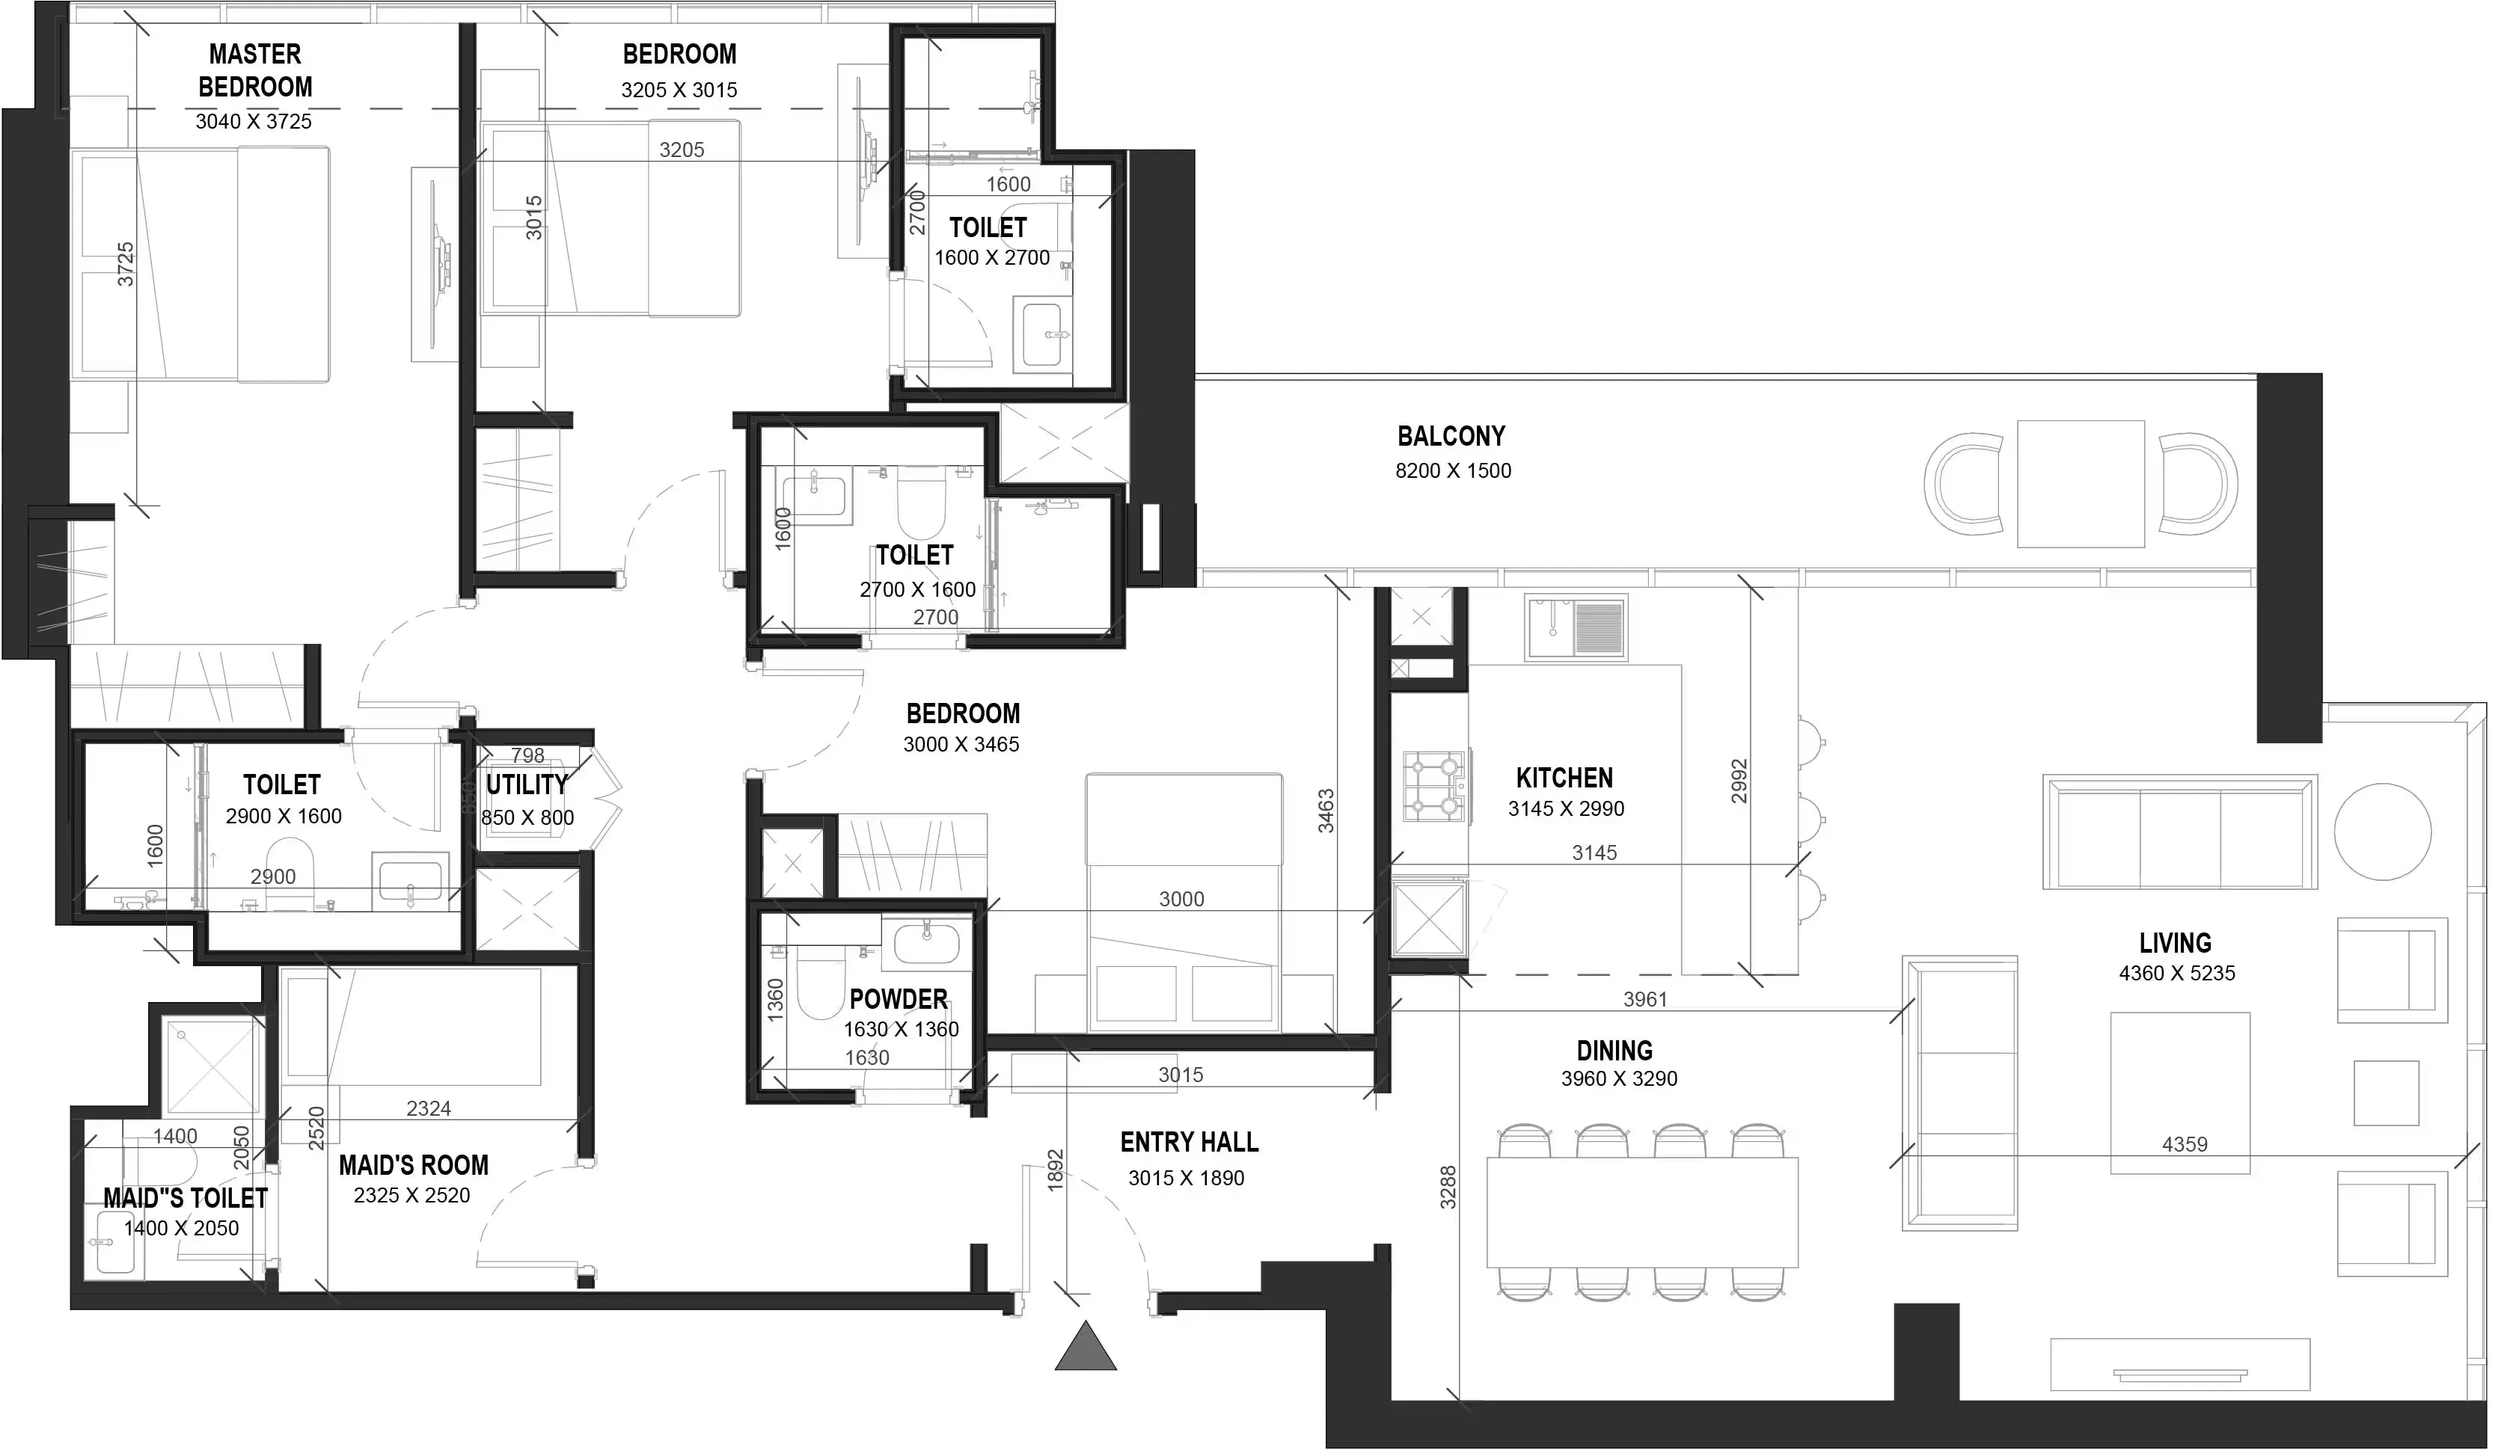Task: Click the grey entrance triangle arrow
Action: click(x=1086, y=1348)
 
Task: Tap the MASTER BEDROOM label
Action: click(x=254, y=70)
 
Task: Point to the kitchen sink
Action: click(x=1576, y=627)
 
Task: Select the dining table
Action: click(x=1641, y=1211)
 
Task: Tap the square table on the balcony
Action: click(x=2081, y=483)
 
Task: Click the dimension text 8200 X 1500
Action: click(x=1452, y=470)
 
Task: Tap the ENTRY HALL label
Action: click(x=1189, y=1142)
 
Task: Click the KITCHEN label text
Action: click(x=1564, y=778)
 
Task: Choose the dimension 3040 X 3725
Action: click(x=254, y=121)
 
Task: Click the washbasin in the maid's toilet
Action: click(x=114, y=1254)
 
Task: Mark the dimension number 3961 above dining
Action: click(x=1644, y=1000)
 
